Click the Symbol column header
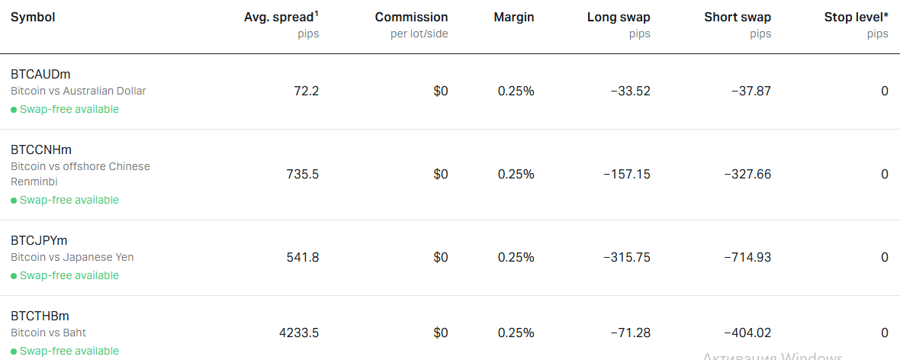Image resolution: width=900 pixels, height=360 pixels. click(x=33, y=18)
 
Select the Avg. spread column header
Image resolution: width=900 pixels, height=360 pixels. click(x=281, y=18)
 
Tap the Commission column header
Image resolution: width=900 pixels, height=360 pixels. click(x=412, y=18)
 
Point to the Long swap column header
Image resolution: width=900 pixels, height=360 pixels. click(x=619, y=18)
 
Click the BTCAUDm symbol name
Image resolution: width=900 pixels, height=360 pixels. click(x=40, y=74)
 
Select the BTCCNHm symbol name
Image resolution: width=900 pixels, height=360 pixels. click(x=41, y=149)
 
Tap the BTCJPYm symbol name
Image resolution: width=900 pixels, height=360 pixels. click(x=39, y=240)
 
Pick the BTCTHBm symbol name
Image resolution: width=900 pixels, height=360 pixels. click(x=40, y=317)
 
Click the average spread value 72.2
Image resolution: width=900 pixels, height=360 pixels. click(x=307, y=91)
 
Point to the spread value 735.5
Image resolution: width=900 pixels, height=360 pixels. click(x=303, y=174)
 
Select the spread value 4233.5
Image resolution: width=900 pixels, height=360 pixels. click(x=299, y=333)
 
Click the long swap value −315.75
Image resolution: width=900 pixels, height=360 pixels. click(x=627, y=257)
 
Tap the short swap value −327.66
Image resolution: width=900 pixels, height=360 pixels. click(x=748, y=174)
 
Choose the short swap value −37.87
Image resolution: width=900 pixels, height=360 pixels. click(x=751, y=91)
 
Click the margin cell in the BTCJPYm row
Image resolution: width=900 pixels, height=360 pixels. click(x=516, y=257)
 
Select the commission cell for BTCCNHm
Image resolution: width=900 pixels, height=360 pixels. click(x=441, y=174)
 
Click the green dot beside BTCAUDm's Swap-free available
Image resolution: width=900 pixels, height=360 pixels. click(x=14, y=110)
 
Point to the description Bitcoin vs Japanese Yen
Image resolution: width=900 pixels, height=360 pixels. click(x=72, y=257)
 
